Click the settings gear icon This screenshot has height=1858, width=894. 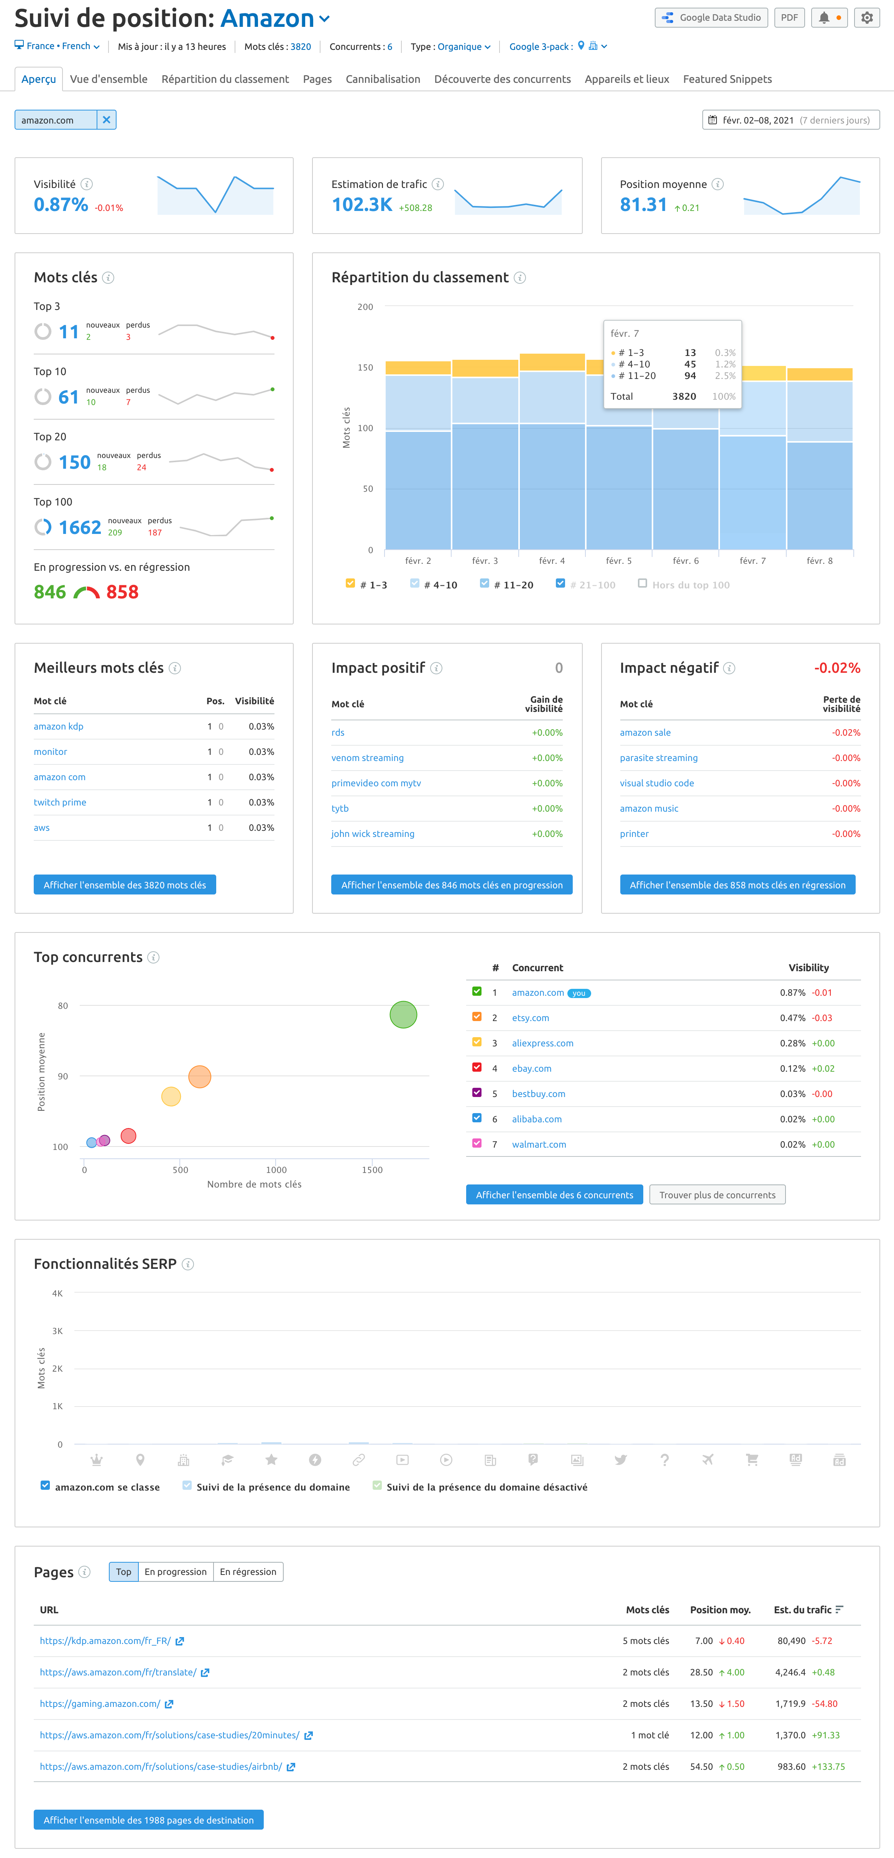coord(867,17)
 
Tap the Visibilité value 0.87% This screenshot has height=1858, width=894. coord(61,205)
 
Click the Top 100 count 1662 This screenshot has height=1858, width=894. coord(79,527)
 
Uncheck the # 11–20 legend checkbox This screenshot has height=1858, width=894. coord(485,583)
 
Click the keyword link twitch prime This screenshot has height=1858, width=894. coord(60,802)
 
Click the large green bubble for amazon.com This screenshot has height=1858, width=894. coord(403,1015)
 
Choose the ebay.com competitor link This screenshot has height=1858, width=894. coord(531,1068)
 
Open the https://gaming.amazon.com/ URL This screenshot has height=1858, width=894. coord(100,1704)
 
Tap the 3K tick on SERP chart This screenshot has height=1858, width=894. coord(57,1331)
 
